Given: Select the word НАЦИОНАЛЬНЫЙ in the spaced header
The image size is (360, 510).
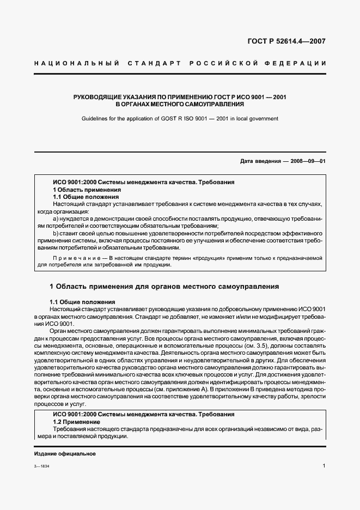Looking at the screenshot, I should [76, 64].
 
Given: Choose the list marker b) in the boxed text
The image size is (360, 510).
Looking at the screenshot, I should [56, 233].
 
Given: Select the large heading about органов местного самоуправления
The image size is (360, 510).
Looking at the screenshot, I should [164, 286].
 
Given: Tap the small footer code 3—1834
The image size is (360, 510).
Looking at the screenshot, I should [41, 467].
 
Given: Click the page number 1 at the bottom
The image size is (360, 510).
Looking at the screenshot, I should [324, 466].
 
